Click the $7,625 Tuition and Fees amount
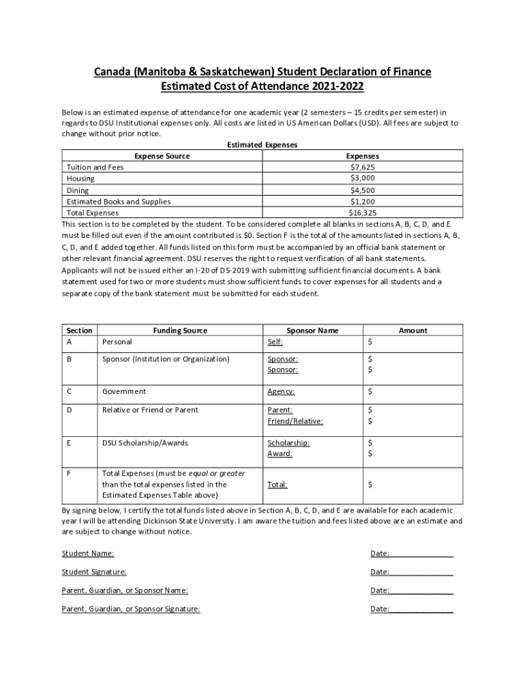[362, 167]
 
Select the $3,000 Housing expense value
[362, 178]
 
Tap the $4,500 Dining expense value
[362, 190]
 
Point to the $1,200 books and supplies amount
[362, 202]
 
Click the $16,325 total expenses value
[362, 213]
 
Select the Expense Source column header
[162, 156]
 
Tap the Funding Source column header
[180, 331]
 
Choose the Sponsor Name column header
[312, 331]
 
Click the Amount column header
[412, 331]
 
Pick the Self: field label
[275, 342]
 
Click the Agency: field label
[281, 392]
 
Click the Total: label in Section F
[277, 485]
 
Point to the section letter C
[69, 391]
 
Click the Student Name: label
[88, 553]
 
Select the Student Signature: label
[94, 572]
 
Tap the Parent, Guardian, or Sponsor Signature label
[131, 609]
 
